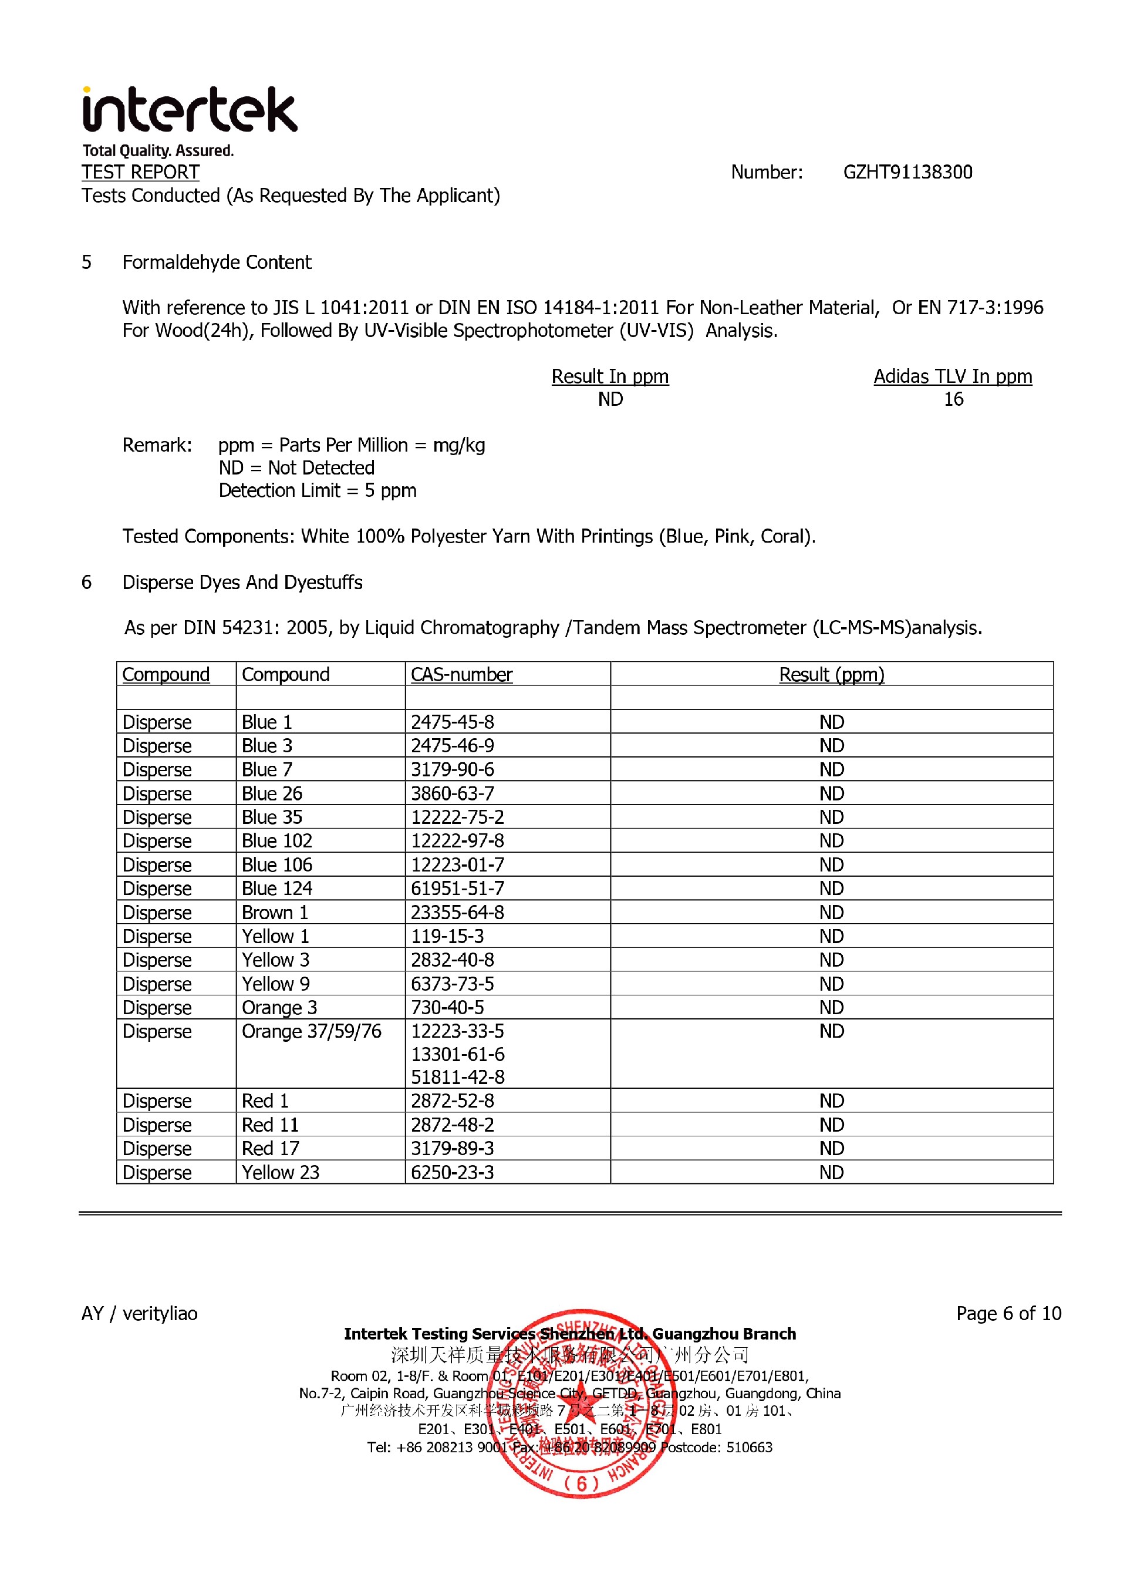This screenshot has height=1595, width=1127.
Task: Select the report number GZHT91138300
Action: coord(907,172)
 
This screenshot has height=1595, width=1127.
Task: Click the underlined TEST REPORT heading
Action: coord(140,172)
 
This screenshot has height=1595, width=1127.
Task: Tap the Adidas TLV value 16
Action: coord(953,399)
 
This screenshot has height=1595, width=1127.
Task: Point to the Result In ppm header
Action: coord(610,376)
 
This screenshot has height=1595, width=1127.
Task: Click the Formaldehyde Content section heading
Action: coord(217,263)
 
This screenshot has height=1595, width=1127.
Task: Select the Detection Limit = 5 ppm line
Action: coord(318,490)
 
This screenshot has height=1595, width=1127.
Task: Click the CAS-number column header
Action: coord(461,675)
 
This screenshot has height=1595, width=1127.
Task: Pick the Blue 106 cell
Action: coord(277,865)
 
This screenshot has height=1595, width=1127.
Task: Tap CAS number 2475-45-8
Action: coord(452,722)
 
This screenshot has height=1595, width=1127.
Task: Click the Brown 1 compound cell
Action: coord(275,912)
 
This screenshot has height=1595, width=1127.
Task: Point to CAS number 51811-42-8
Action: coord(458,1078)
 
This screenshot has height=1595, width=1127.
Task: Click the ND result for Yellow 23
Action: coord(831,1173)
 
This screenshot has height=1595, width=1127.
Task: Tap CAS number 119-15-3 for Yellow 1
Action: coord(447,937)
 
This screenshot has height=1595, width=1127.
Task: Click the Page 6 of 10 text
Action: coord(1008,1314)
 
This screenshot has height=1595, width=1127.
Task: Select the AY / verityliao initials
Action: coord(140,1314)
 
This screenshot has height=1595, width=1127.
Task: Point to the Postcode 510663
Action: coord(716,1448)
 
